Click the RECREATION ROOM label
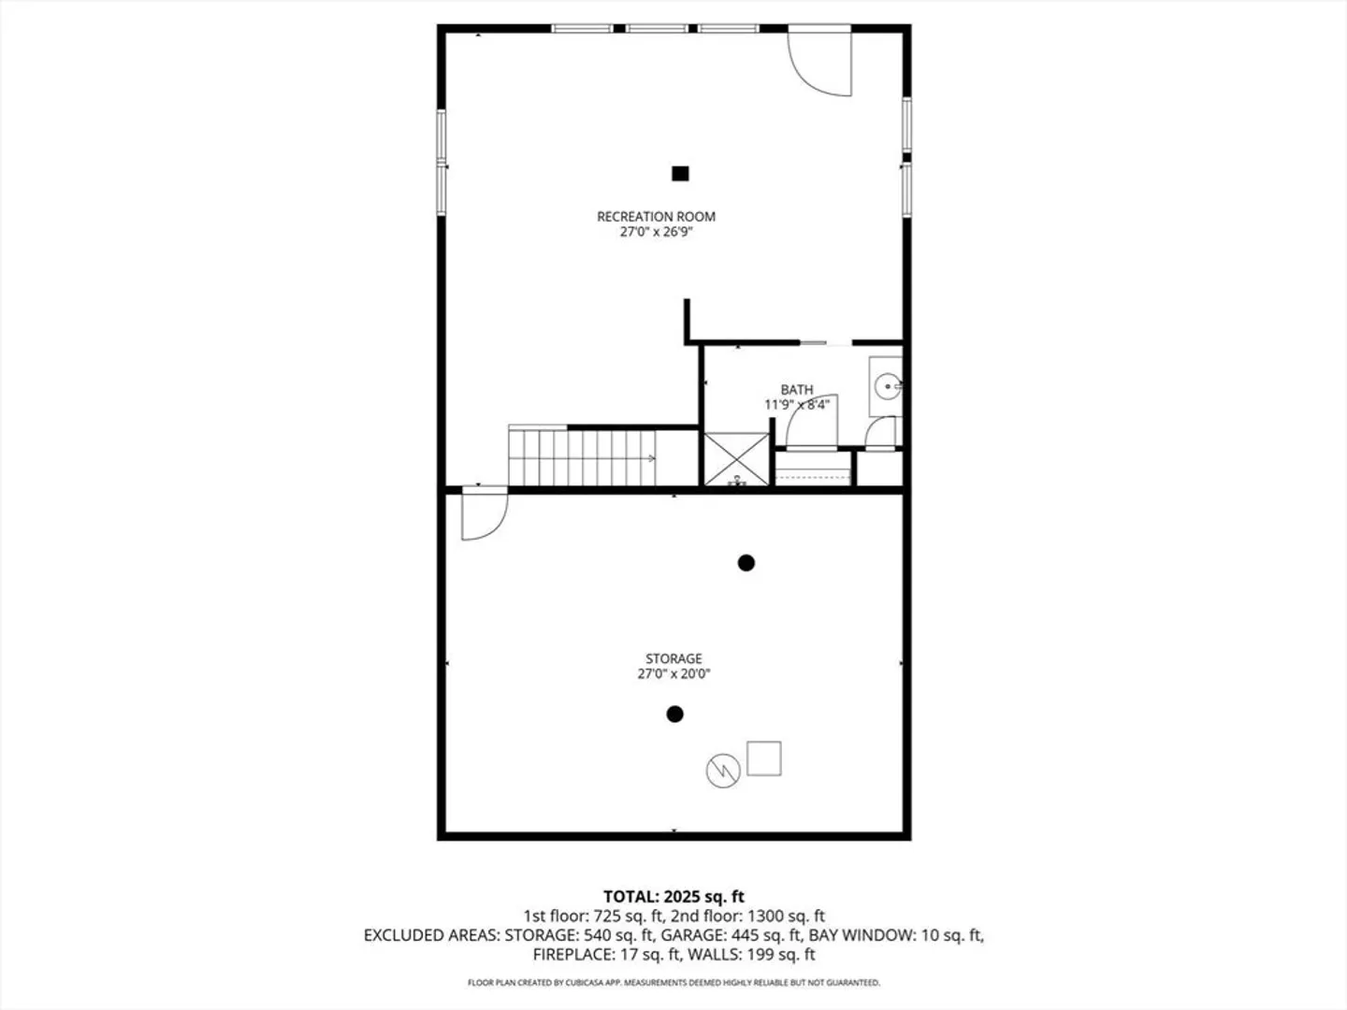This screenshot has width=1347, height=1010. [656, 216]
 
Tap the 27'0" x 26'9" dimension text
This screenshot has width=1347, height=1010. [656, 232]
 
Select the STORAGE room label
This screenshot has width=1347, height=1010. [673, 658]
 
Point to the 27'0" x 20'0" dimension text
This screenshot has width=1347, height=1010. [673, 674]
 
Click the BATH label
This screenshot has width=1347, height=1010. [797, 389]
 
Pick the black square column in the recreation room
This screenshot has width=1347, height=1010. [680, 174]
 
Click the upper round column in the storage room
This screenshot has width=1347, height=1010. [746, 562]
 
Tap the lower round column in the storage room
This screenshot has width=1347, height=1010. [674, 714]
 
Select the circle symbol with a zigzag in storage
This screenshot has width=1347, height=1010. [723, 771]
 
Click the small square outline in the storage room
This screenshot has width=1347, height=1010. [763, 758]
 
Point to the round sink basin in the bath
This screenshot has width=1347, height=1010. [888, 387]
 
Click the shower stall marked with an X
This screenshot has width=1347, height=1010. [736, 459]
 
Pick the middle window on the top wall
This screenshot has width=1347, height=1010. [657, 28]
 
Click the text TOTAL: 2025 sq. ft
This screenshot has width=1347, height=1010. [673, 897]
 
